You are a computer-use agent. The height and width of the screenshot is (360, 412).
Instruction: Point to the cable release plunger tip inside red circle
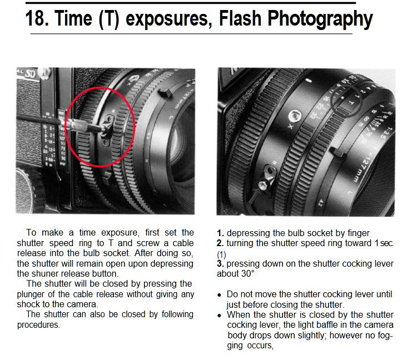pos(105,128)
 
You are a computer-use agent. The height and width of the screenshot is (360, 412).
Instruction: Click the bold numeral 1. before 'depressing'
pos(221,233)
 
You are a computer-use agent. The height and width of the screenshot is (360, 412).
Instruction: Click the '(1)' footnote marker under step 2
pos(222,254)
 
